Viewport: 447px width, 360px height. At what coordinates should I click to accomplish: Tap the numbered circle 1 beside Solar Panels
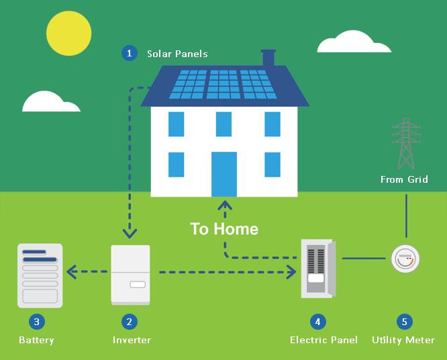point(130,53)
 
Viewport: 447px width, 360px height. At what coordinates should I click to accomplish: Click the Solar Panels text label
point(177,54)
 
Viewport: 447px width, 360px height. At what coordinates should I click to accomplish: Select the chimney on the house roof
point(268,58)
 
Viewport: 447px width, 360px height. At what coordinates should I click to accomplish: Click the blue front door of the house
point(224,174)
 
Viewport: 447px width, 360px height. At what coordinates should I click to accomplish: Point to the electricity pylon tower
point(405,144)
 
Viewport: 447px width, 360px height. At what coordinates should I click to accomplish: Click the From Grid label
point(403,179)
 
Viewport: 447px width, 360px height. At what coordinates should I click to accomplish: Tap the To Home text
point(224,229)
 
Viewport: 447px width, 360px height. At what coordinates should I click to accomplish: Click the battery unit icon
point(40,275)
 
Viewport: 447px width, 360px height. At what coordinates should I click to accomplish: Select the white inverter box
point(131,273)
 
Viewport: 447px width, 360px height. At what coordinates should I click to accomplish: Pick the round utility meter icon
point(405,259)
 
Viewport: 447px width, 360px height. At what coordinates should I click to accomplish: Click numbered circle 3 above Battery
point(36,322)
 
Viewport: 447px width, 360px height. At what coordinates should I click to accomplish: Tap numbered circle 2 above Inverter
point(130,322)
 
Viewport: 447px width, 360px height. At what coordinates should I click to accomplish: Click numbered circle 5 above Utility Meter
point(403,322)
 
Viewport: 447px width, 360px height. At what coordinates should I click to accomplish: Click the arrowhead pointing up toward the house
point(226,204)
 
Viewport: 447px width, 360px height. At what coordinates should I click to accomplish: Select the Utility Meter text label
point(403,340)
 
